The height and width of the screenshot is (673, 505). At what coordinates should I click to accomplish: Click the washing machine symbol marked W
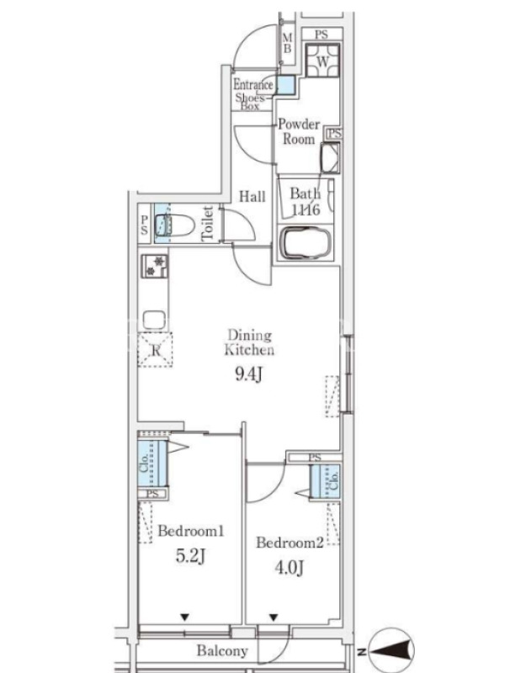point(322,61)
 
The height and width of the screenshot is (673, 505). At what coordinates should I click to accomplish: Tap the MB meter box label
point(287,44)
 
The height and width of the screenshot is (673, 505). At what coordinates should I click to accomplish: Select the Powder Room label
point(299,131)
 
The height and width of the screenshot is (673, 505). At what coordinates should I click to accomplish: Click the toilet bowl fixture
point(175,224)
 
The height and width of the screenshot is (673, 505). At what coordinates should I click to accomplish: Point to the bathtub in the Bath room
point(306,243)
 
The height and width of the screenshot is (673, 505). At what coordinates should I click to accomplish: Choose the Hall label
point(252,197)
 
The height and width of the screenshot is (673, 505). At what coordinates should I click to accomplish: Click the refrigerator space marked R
point(155,350)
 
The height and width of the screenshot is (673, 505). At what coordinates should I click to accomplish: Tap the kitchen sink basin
point(154,320)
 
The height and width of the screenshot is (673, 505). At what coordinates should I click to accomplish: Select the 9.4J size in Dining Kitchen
point(248,374)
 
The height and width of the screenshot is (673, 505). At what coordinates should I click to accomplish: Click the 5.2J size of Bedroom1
point(190,556)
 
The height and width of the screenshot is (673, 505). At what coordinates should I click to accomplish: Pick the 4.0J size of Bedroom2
point(290,568)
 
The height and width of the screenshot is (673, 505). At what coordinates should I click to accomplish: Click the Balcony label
point(222,651)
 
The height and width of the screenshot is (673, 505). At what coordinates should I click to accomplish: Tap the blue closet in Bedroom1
point(152,464)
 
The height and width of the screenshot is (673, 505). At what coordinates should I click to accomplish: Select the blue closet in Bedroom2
point(326,481)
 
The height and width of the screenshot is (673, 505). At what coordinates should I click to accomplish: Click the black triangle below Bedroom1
point(184,617)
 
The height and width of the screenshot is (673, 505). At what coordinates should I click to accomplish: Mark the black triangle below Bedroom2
point(274,617)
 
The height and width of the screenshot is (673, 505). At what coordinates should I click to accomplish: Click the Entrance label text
point(253,84)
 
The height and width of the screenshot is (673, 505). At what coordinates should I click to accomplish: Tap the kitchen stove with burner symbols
point(154,266)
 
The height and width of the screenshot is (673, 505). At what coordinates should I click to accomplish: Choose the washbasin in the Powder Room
point(330,157)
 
